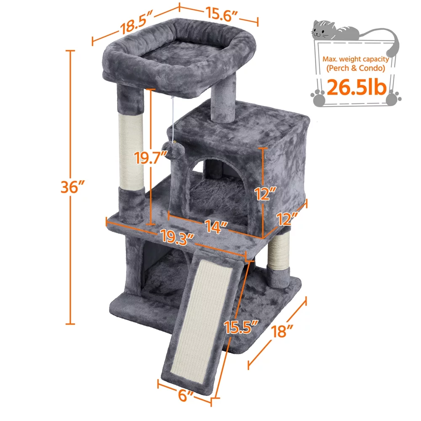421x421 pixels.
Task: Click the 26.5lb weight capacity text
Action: (357, 87)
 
